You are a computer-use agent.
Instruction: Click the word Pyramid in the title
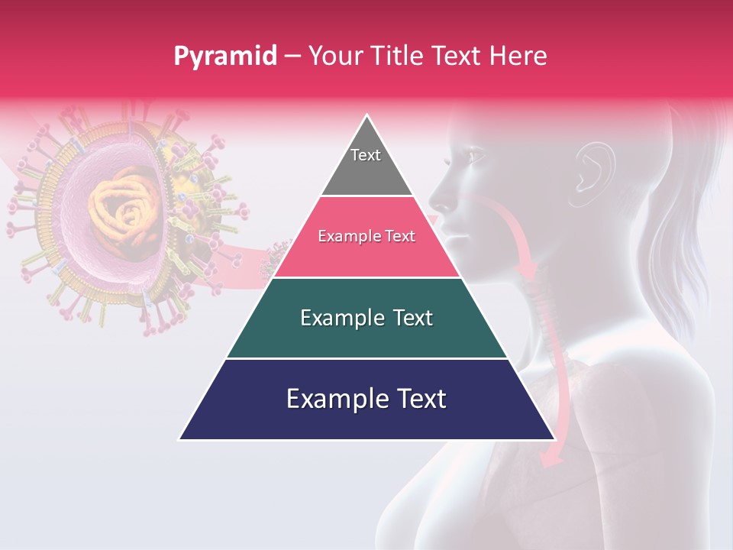point(224,57)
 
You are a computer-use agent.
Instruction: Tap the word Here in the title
point(519,56)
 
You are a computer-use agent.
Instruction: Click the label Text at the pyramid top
point(366,155)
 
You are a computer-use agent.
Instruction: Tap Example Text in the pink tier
point(366,236)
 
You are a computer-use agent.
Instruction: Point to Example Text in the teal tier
point(366,318)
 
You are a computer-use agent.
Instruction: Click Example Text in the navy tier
point(366,399)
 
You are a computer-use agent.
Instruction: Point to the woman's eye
point(475,157)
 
